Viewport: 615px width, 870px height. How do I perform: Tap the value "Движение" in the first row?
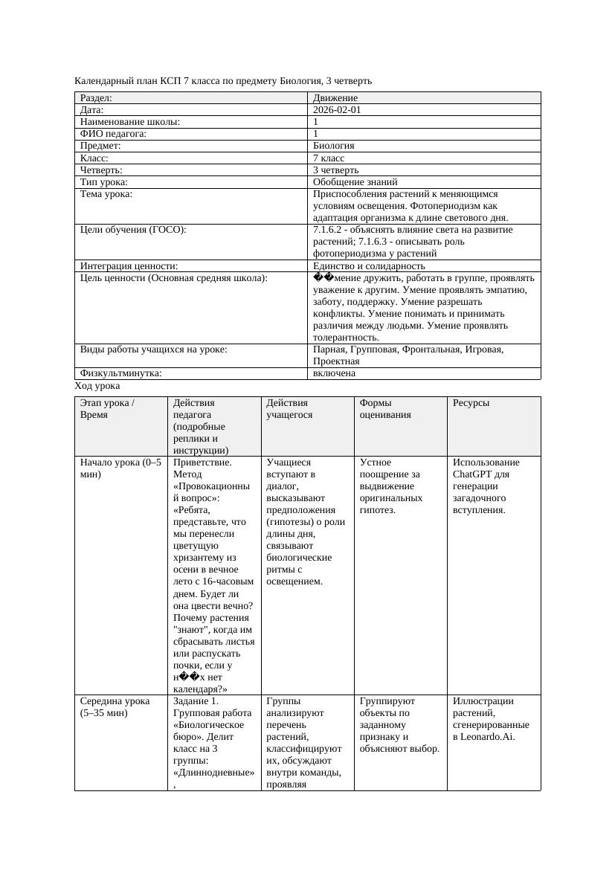(335, 97)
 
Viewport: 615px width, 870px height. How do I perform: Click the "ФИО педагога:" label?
(113, 134)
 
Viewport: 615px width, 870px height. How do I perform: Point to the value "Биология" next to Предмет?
(334, 146)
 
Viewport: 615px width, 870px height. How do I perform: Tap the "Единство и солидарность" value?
(369, 265)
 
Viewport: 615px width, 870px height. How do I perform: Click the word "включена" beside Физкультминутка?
(334, 373)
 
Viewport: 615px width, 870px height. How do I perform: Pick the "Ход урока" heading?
(97, 386)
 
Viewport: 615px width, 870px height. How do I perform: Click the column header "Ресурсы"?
(471, 403)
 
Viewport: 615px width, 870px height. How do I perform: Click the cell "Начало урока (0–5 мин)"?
(120, 468)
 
